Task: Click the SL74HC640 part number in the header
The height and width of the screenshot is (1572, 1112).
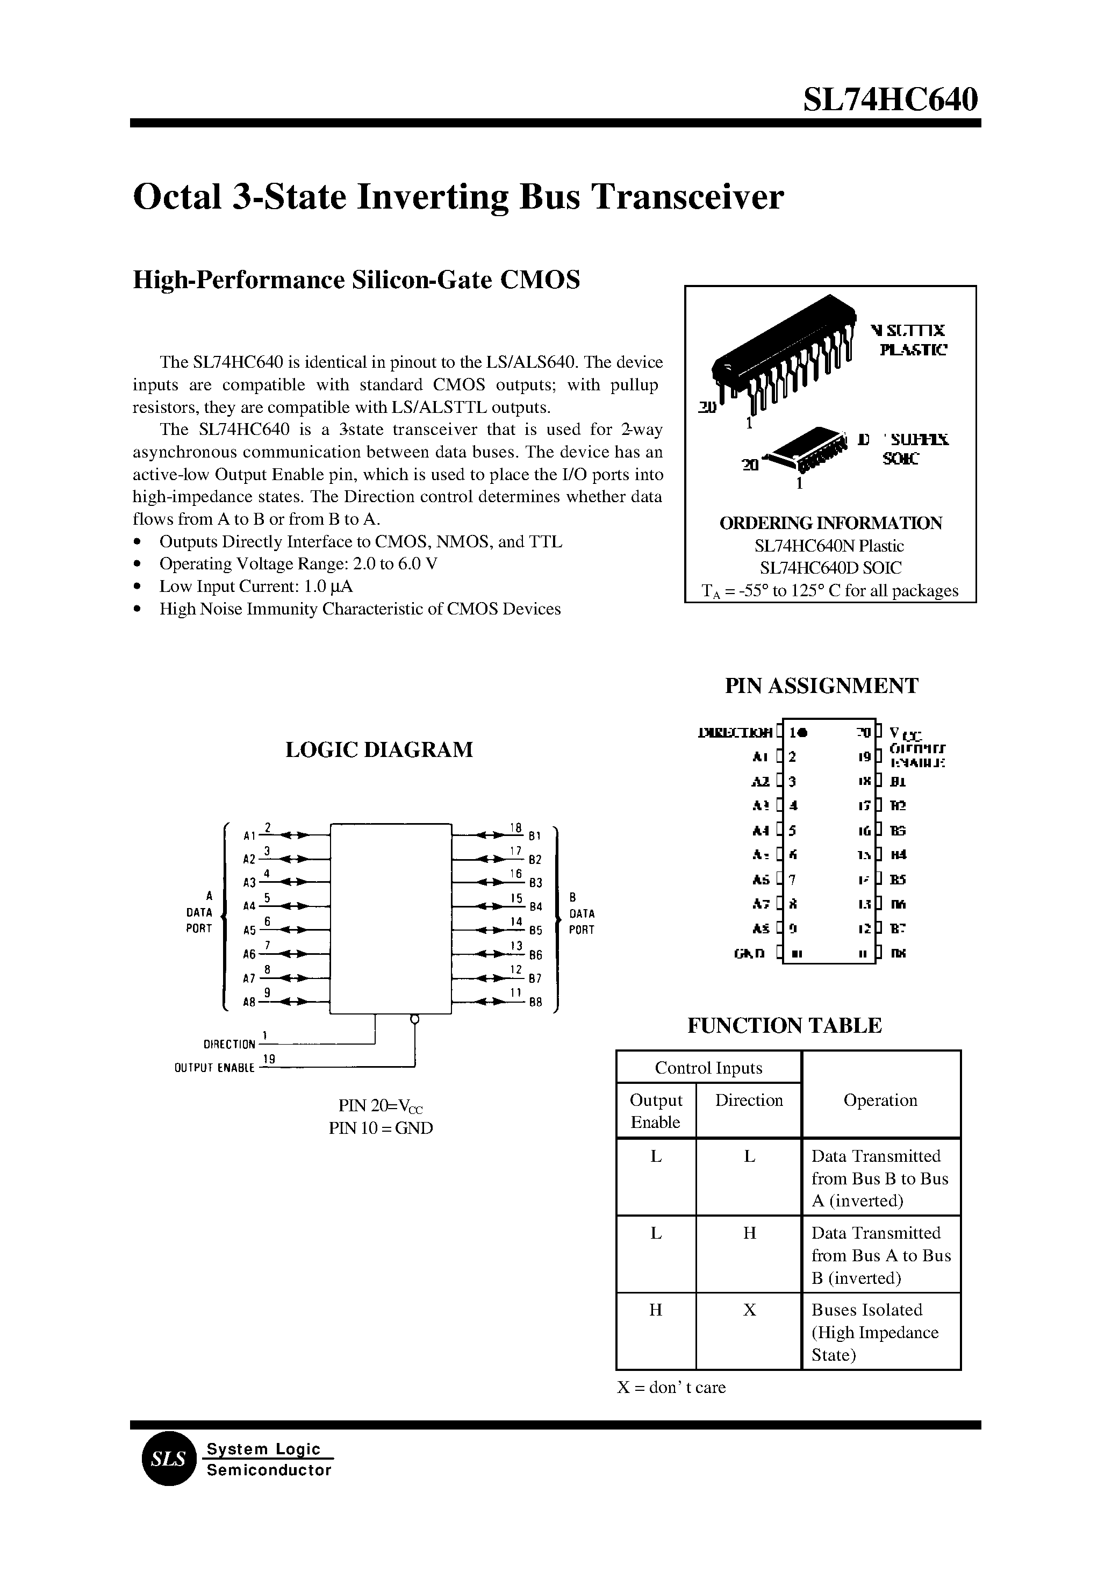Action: pos(890,101)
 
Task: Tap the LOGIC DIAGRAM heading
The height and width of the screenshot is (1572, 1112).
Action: pos(379,749)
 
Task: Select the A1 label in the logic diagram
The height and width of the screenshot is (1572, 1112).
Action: pos(249,835)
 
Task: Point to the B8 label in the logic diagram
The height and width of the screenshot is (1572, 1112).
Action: pos(535,1002)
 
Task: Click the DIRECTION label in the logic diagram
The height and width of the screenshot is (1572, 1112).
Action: pos(229,1045)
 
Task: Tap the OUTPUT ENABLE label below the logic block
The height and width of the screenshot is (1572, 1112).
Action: pos(214,1068)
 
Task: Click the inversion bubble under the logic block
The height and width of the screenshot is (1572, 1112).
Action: pos(414,1019)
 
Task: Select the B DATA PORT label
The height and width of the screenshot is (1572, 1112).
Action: pos(582,914)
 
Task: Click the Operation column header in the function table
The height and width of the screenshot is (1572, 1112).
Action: pos(880,1100)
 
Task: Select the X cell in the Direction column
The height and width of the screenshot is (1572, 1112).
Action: pos(749,1310)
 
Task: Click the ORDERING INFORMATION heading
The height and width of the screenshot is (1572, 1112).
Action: pos(830,523)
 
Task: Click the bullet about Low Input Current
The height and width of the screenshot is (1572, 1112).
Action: pos(255,587)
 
